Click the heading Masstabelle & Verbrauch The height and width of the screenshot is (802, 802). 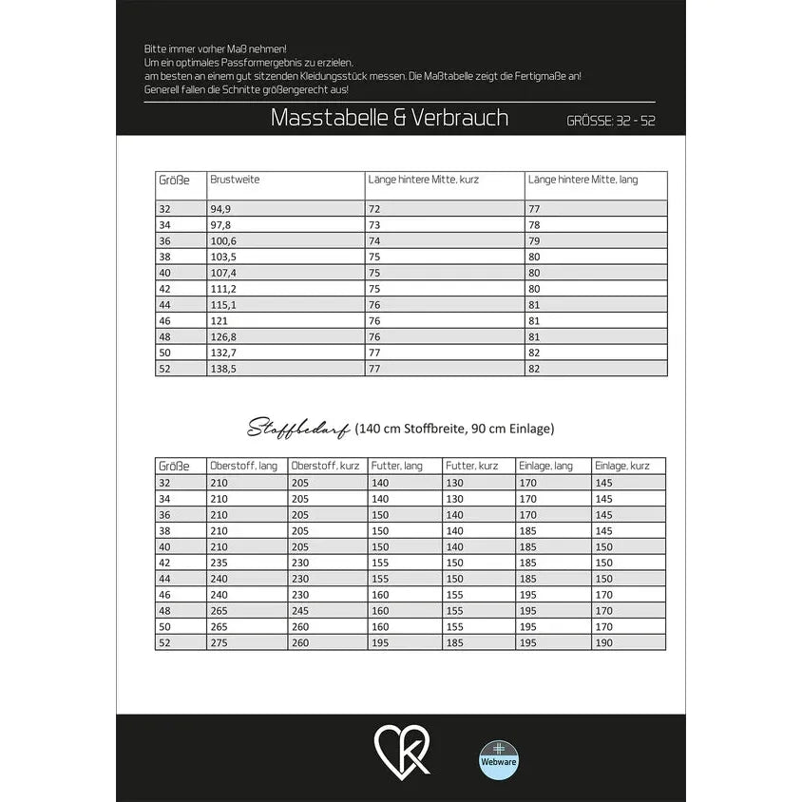389,118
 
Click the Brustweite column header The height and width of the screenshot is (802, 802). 235,179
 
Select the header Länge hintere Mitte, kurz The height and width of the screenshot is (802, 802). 423,179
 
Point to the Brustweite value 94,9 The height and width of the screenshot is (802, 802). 220,207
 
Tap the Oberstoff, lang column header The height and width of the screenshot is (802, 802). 244,466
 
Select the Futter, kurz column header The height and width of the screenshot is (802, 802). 472,466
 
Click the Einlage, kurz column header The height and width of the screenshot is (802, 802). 623,466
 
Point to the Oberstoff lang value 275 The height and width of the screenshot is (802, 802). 219,643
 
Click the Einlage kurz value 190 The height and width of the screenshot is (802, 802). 605,643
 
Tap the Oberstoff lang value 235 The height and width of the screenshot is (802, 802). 219,563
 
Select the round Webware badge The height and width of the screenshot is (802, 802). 499,759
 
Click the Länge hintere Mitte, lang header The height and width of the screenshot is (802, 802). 583,179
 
